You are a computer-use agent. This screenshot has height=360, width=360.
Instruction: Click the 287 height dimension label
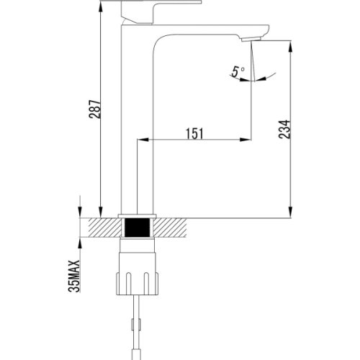click(x=95, y=109)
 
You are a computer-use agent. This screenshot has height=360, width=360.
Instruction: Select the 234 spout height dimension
click(x=284, y=129)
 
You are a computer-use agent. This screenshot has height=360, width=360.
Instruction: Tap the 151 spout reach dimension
click(x=194, y=134)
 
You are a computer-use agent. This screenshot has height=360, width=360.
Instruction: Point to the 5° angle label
click(x=238, y=71)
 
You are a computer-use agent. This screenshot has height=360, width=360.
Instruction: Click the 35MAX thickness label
click(x=73, y=276)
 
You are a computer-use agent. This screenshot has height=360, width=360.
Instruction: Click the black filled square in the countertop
click(x=138, y=228)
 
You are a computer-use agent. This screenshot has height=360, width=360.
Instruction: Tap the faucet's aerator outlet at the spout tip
click(x=251, y=39)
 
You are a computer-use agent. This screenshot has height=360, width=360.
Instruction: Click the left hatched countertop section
click(x=105, y=228)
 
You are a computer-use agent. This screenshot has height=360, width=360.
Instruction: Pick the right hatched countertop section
click(x=170, y=228)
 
